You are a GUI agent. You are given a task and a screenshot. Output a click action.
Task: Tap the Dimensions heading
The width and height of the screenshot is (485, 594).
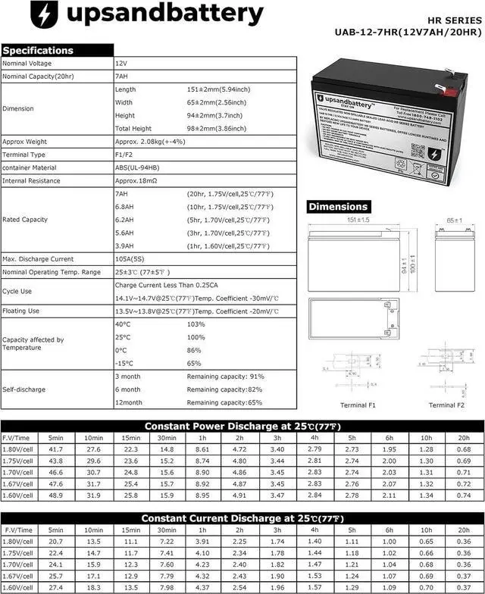tap(339, 206)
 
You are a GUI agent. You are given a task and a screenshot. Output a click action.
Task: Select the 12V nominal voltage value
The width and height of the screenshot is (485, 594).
tap(121, 64)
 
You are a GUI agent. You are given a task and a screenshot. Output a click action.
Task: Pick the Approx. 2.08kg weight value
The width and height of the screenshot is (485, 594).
tap(152, 142)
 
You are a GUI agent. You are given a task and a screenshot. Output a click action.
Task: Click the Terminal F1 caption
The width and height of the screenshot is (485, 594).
tap(358, 405)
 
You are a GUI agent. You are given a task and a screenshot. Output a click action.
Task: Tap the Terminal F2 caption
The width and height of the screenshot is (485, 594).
tap(446, 405)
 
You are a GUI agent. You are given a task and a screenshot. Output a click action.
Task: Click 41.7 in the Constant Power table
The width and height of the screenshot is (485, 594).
tap(55, 450)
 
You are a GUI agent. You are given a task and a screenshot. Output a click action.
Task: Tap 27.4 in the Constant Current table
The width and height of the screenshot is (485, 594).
tap(55, 588)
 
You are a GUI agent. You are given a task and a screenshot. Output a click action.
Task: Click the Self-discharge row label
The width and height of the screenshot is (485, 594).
tap(21, 389)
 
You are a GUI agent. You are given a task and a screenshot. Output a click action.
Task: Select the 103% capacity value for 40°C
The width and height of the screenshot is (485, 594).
tap(196, 324)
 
